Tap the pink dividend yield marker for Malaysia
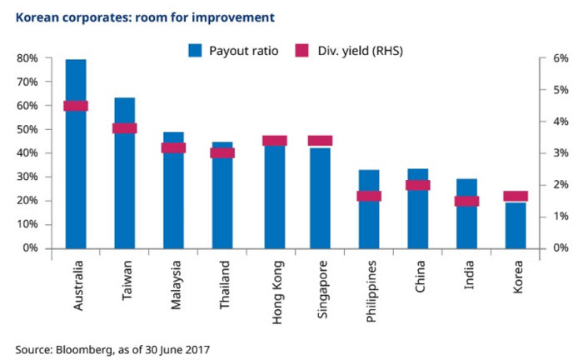173,148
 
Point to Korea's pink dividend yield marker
516,197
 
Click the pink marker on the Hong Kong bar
274,141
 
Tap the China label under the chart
419,276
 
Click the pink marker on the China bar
418,185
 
